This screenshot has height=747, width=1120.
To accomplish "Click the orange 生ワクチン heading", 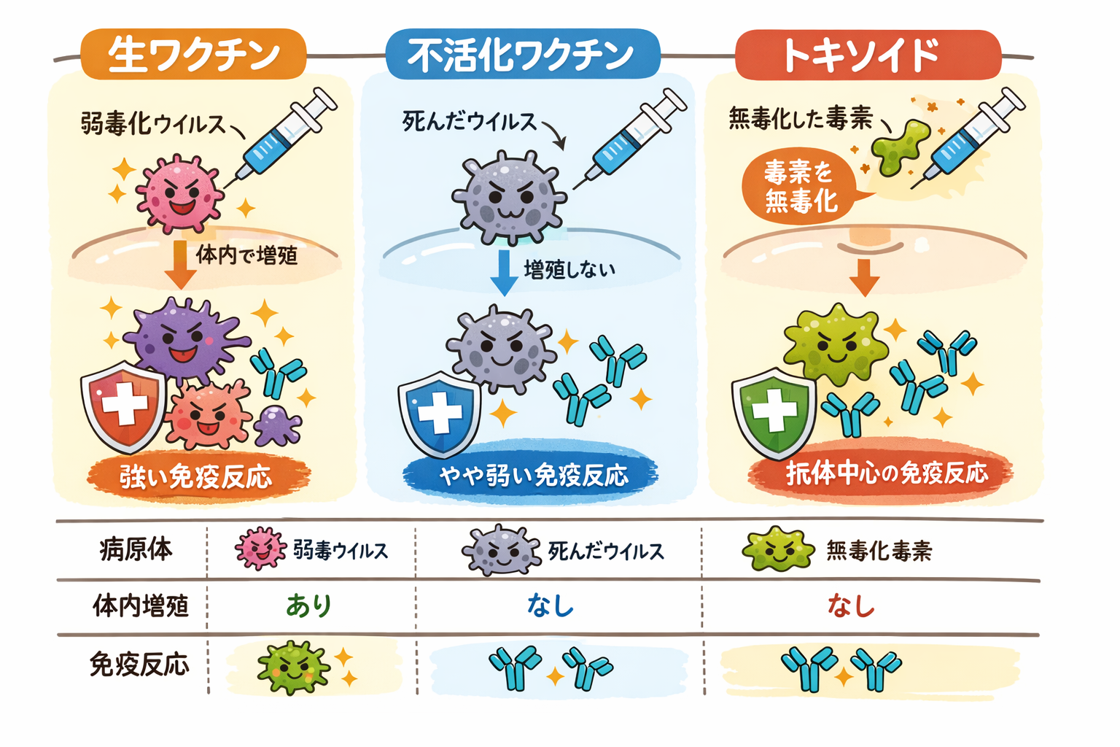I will tap(193, 55).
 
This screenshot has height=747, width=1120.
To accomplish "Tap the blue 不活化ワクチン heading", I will tap(521, 55).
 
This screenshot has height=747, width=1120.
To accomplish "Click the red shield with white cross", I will tap(123, 405).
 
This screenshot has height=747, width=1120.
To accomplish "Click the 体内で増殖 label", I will tap(246, 255).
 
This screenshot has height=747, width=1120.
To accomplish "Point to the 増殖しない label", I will tap(569, 269).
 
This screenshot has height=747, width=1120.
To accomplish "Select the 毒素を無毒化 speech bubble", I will tap(799, 187).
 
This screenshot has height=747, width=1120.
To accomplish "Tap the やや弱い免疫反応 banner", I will tap(532, 475).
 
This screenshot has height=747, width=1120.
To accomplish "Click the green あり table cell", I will tap(309, 605).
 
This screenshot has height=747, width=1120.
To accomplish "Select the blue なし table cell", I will tap(551, 605).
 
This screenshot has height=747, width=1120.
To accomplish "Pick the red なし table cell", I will tap(851, 605).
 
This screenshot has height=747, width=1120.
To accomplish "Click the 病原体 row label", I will tap(136, 549).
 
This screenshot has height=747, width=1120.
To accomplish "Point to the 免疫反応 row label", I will tap(139, 664).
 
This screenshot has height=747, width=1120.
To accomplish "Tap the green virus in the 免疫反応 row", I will tap(293, 667).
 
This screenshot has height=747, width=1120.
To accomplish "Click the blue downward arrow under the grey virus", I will tap(504, 271).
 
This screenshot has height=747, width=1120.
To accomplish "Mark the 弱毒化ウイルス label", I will tap(153, 123).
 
